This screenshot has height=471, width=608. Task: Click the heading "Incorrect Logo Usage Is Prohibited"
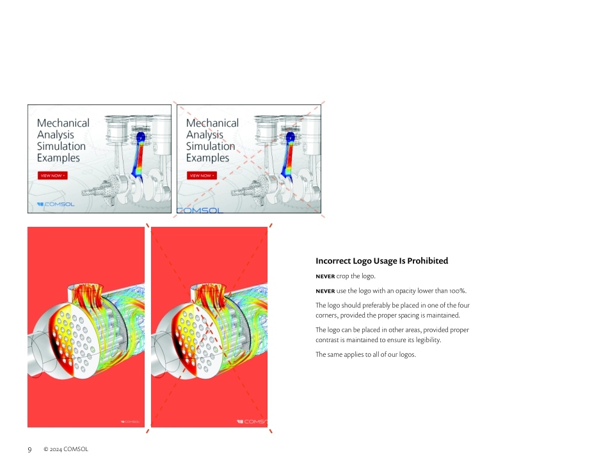click(381, 261)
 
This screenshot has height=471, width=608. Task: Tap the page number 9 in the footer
click(29, 450)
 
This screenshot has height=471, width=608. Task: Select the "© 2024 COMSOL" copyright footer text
click(66, 449)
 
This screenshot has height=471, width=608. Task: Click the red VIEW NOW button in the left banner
click(52, 176)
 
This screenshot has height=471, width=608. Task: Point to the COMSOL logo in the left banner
click(56, 204)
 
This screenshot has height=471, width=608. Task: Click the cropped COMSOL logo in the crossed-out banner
click(200, 210)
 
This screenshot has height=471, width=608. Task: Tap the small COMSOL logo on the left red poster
click(131, 422)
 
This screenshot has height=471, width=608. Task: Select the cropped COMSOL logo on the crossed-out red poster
click(252, 422)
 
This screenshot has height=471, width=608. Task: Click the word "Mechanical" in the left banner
click(63, 123)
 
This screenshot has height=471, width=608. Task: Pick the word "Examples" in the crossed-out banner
click(207, 158)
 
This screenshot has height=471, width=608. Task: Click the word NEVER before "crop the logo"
click(325, 276)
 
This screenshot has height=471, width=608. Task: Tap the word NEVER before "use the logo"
click(325, 291)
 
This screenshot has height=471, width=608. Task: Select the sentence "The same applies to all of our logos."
click(365, 354)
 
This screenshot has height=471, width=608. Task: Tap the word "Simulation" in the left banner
click(61, 146)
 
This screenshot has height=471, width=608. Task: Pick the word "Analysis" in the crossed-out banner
click(205, 135)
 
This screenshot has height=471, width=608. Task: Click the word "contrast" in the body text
click(326, 340)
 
